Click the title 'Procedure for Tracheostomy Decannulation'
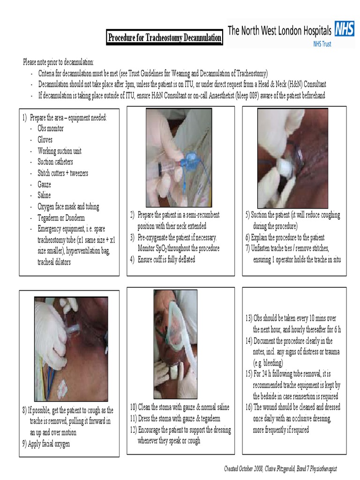165,37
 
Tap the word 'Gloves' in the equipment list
45,140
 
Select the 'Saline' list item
44,195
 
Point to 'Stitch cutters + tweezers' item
63,173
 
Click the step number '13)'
249,318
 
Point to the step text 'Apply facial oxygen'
49,443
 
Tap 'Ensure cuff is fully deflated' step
166,260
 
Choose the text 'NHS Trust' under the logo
322,44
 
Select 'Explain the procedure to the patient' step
288,238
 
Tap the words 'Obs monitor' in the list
51,128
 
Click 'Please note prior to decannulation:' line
59,62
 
